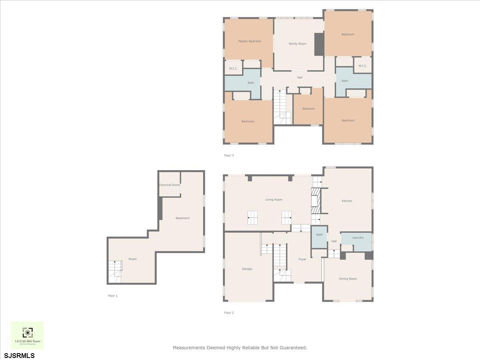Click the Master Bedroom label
click(x=250, y=41)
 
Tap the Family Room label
click(x=298, y=44)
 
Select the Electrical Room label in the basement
click(x=170, y=185)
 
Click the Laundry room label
click(x=358, y=238)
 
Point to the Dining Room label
click(x=348, y=278)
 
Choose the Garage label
click(x=247, y=269)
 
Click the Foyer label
click(x=302, y=259)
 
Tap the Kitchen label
click(x=347, y=201)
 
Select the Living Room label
click(x=274, y=200)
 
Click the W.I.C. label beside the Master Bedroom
click(x=234, y=68)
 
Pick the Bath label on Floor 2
click(x=320, y=235)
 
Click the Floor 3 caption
click(x=229, y=155)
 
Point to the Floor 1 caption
click(x=113, y=296)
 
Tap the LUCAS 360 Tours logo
click(x=27, y=335)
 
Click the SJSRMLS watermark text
click(x=19, y=355)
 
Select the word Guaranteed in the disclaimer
click(x=293, y=348)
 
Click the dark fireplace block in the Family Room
click(x=319, y=44)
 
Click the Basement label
click(x=182, y=218)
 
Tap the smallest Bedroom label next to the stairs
click(x=308, y=109)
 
